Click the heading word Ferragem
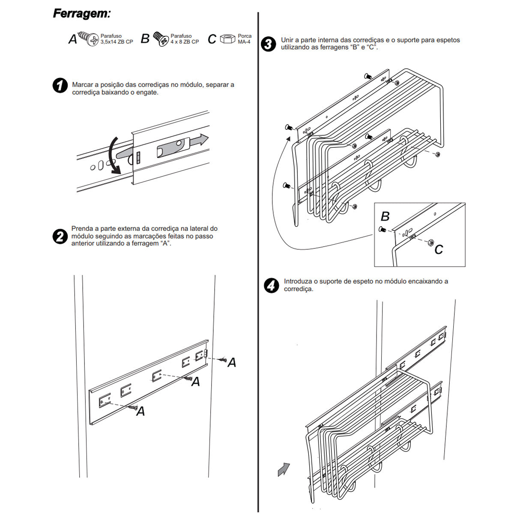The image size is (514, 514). click(81, 14)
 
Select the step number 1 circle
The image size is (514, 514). click(60, 86)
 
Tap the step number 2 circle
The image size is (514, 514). click(60, 236)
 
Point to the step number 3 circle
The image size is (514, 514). click(268, 44)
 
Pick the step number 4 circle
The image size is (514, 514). click(271, 285)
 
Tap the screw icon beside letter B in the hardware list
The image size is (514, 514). click(161, 39)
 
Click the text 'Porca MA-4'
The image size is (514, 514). click(245, 39)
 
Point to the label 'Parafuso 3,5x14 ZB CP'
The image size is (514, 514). click(117, 39)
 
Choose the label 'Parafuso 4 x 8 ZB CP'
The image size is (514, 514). click(185, 39)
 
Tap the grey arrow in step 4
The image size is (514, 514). click(284, 469)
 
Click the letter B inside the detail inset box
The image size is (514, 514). click(385, 216)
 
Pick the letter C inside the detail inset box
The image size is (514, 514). click(439, 250)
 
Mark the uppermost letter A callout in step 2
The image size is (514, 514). click(232, 363)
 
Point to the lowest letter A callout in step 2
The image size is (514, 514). click(140, 412)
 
